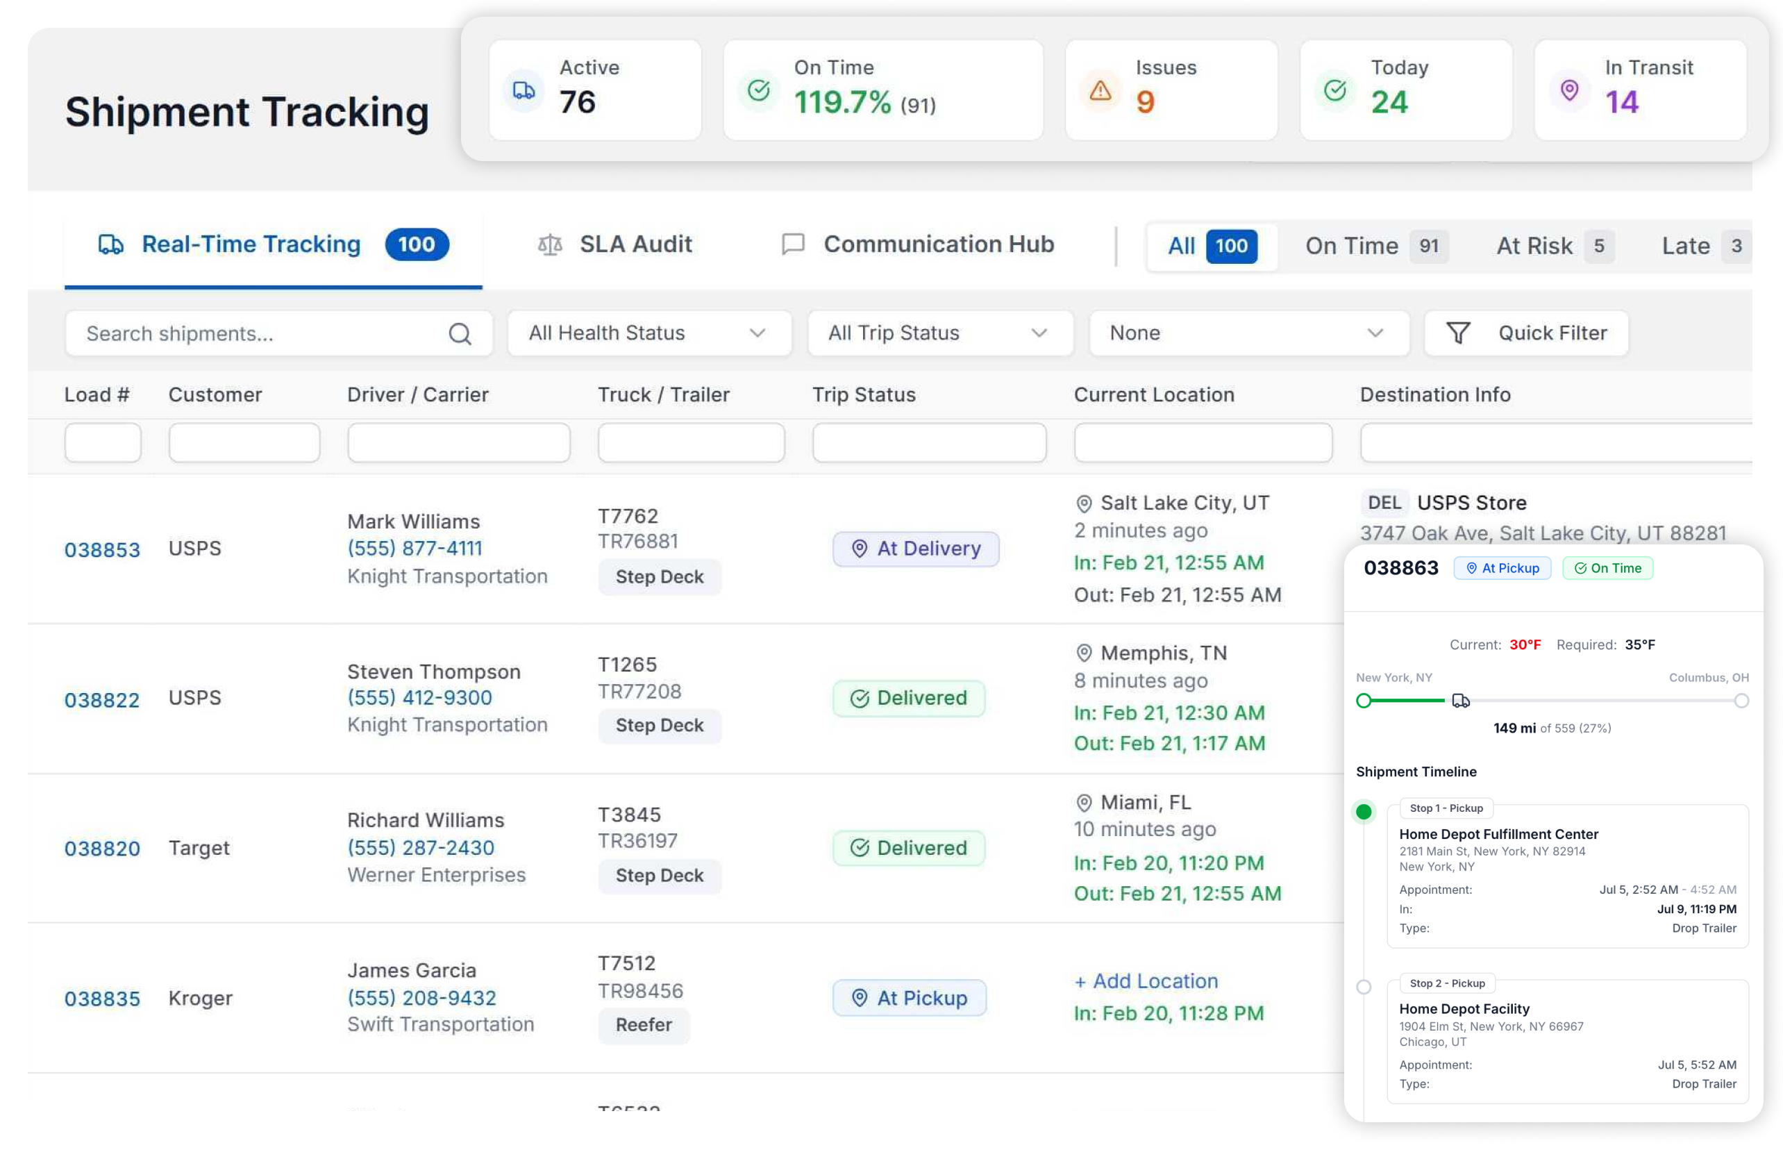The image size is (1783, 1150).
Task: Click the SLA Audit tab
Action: pyautogui.click(x=614, y=244)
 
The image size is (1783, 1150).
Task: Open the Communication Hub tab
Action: pyautogui.click(x=917, y=244)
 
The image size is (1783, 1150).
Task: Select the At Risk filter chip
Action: pyautogui.click(x=1554, y=246)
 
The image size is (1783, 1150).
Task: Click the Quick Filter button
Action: pyautogui.click(x=1525, y=333)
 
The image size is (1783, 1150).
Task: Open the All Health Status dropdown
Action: pyautogui.click(x=649, y=333)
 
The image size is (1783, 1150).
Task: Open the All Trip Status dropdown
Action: pyautogui.click(x=940, y=333)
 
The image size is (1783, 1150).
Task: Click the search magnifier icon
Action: pyautogui.click(x=460, y=334)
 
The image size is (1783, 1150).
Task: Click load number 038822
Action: pyautogui.click(x=102, y=700)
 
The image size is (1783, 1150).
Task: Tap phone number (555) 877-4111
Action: pyautogui.click(x=415, y=548)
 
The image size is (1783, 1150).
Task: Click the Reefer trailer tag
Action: pyautogui.click(x=644, y=1024)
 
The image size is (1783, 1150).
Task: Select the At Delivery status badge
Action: pyautogui.click(x=915, y=549)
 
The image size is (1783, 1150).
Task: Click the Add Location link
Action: pyautogui.click(x=1146, y=981)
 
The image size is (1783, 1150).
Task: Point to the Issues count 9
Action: pyautogui.click(x=1145, y=101)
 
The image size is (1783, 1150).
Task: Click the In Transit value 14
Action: pyautogui.click(x=1621, y=101)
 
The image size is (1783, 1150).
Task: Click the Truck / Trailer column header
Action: pyautogui.click(x=663, y=394)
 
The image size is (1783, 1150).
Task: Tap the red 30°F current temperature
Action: pyautogui.click(x=1525, y=644)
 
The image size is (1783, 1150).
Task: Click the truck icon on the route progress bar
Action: pyautogui.click(x=1460, y=701)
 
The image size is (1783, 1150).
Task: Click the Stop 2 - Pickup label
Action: pyautogui.click(x=1447, y=983)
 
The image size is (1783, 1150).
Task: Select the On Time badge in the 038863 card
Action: pyautogui.click(x=1607, y=568)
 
